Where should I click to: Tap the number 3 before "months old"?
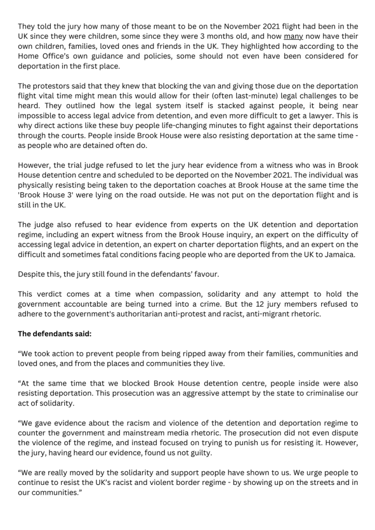click(203, 36)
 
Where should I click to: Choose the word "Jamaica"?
click(339, 255)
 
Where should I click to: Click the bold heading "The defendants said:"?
click(54, 334)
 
